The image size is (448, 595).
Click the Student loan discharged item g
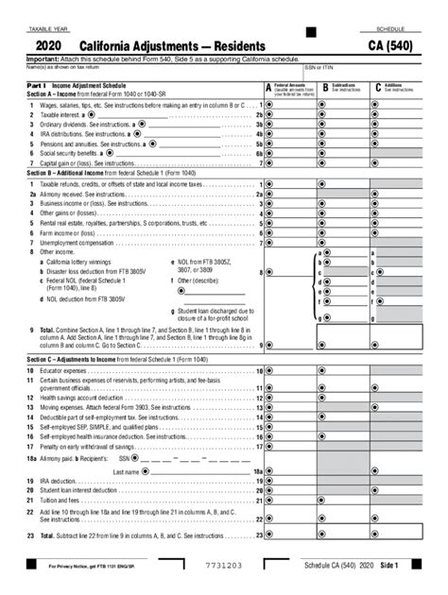coord(214,314)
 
